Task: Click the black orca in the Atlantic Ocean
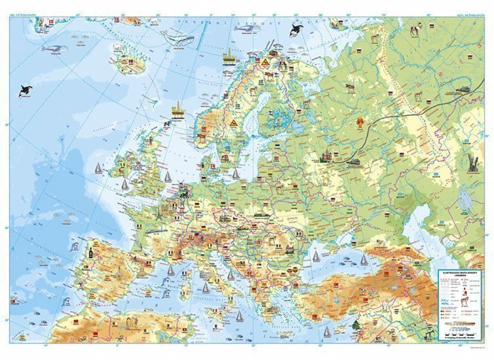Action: click(26, 90)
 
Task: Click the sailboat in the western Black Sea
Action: click(315, 255)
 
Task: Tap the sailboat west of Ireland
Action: click(99, 168)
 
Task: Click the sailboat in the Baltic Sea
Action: click(236, 173)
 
